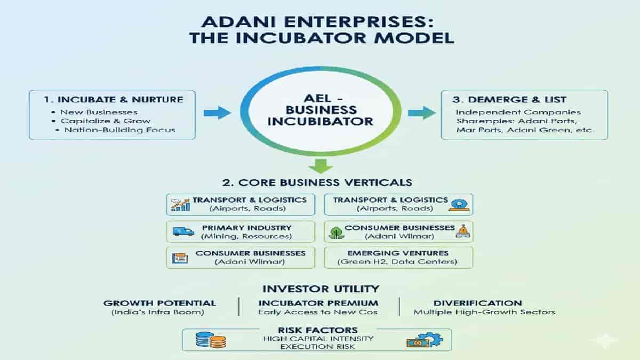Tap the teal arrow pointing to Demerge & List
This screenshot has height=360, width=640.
[421, 113]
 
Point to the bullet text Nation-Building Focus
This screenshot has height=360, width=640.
[119, 130]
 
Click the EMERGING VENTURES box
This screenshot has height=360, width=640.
[398, 257]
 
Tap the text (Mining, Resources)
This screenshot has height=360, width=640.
[246, 236]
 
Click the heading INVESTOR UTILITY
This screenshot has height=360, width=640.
[320, 289]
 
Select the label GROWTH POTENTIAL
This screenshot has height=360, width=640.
[159, 303]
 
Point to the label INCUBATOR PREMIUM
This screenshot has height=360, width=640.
[318, 303]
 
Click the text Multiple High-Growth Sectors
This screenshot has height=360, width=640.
[484, 312]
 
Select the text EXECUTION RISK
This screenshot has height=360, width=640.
[318, 346]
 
